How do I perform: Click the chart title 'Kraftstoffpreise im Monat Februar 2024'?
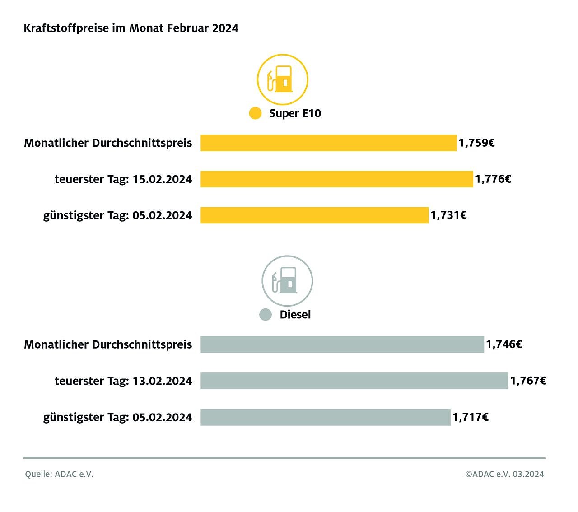(x=131, y=28)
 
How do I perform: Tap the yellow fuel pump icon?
(x=283, y=79)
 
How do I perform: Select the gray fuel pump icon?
(x=287, y=281)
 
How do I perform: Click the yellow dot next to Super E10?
(x=255, y=113)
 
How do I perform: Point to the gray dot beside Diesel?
(x=266, y=315)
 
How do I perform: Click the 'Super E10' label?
(x=295, y=113)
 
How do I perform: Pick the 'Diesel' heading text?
(x=295, y=315)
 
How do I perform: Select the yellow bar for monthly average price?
(x=328, y=143)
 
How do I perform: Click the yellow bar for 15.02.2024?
(x=336, y=179)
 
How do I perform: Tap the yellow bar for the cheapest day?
(x=314, y=215)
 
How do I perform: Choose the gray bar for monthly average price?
(x=342, y=344)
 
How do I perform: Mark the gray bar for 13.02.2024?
(x=354, y=381)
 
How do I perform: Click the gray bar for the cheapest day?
(x=325, y=417)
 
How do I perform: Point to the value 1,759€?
(x=477, y=143)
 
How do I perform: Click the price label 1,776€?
(x=493, y=179)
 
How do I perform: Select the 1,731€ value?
(x=448, y=215)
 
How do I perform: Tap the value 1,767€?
(x=528, y=381)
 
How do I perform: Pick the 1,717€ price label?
(x=471, y=417)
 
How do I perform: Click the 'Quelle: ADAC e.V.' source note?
(x=59, y=474)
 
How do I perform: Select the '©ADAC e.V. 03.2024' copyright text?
(x=504, y=474)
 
